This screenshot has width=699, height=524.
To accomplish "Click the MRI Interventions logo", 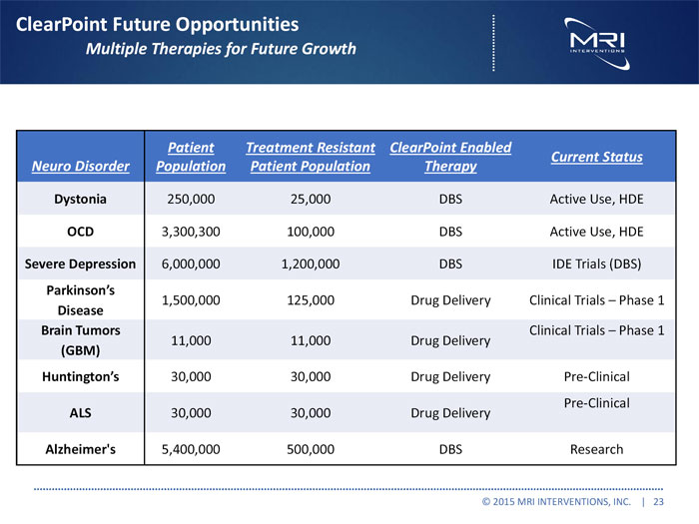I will [x=596, y=40].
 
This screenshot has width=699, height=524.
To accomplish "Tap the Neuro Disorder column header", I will [x=80, y=167].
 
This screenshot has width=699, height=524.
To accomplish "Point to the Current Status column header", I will [x=596, y=157].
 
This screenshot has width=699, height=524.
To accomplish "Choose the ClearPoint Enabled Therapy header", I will [x=450, y=157].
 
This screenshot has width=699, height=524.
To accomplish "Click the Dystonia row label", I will [x=80, y=199].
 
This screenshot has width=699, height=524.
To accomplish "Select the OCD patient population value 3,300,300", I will [x=191, y=232].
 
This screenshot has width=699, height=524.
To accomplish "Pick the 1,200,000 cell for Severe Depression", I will [x=311, y=264].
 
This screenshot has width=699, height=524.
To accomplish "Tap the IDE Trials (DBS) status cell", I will [x=596, y=264].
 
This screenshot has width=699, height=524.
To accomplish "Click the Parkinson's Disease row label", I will [x=80, y=300].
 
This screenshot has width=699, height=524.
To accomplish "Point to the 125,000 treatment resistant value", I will [x=311, y=300].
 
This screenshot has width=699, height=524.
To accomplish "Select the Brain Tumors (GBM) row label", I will [x=80, y=340].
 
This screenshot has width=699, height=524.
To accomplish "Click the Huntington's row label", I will [x=80, y=377].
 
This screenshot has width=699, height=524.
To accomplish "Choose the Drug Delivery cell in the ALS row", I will [x=450, y=413].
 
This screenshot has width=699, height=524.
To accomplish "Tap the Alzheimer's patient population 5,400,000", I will [x=191, y=449].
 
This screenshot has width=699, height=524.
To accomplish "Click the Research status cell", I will [x=596, y=449].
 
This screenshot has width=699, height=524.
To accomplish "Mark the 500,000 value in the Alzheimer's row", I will [x=311, y=449].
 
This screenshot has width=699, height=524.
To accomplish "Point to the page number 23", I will [x=659, y=502].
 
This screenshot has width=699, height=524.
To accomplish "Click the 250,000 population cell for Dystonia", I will [x=191, y=199].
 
